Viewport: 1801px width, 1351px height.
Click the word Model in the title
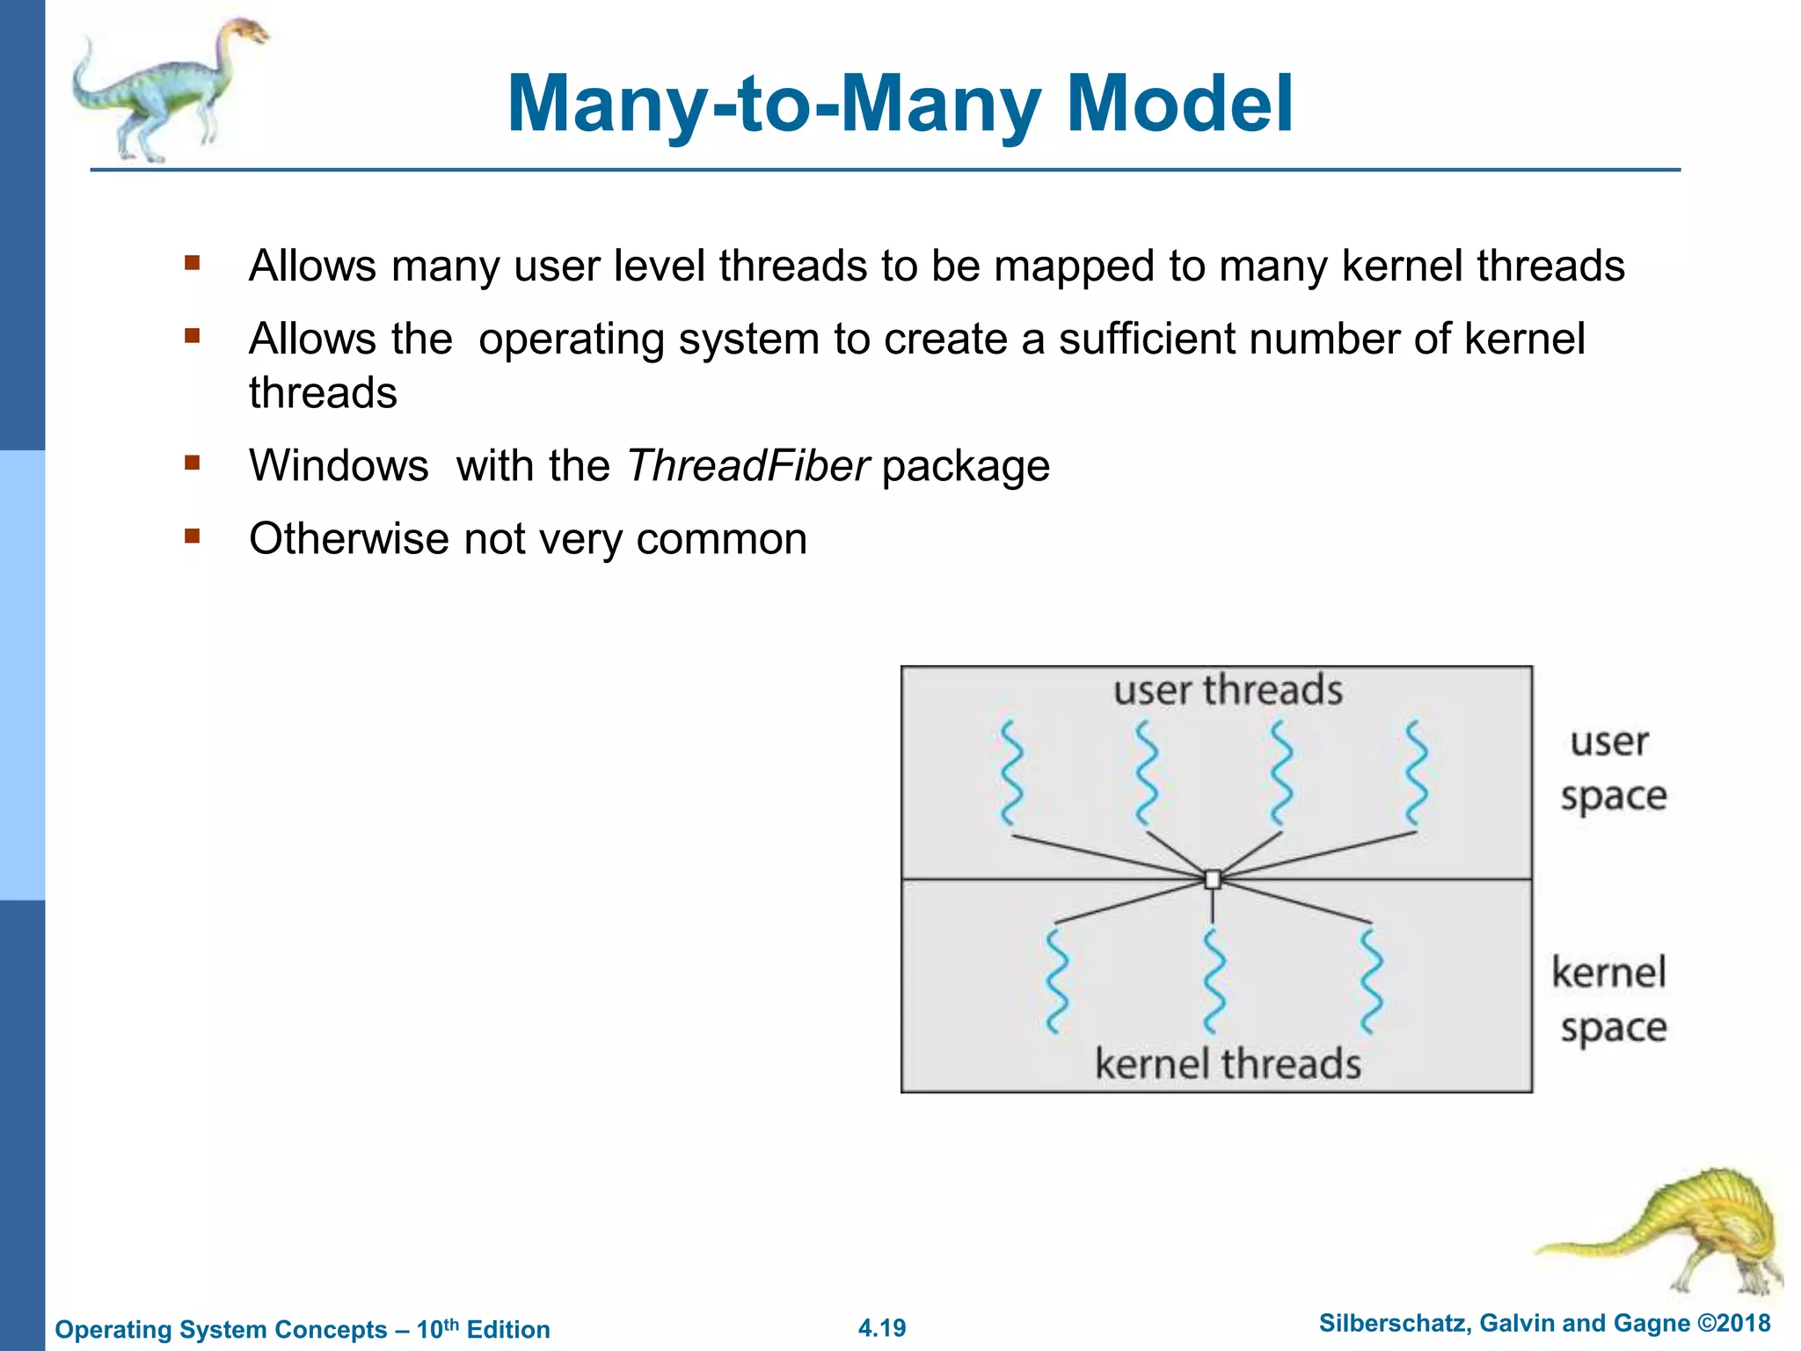pos(1178,104)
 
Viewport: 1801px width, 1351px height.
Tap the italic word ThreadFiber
pos(748,465)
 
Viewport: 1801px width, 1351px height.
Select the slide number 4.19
pos(882,1328)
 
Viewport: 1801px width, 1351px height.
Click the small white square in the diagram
pos(1213,879)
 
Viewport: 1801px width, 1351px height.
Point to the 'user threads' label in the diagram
pos(1228,690)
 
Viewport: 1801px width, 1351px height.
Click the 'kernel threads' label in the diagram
pos(1228,1063)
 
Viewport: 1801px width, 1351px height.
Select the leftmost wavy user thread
pos(1012,772)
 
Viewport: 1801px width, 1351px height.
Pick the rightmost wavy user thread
pos(1415,772)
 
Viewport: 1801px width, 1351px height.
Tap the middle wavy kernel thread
pos(1214,981)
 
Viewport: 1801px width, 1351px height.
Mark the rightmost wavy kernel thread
pos(1370,981)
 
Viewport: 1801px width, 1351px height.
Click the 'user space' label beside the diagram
pos(1612,769)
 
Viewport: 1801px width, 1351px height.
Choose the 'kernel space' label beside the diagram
pos(1610,1000)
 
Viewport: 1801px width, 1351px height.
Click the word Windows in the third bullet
pos(339,465)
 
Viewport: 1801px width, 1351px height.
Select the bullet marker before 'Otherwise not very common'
pos(193,536)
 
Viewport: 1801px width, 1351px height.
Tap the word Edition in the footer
pos(508,1330)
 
